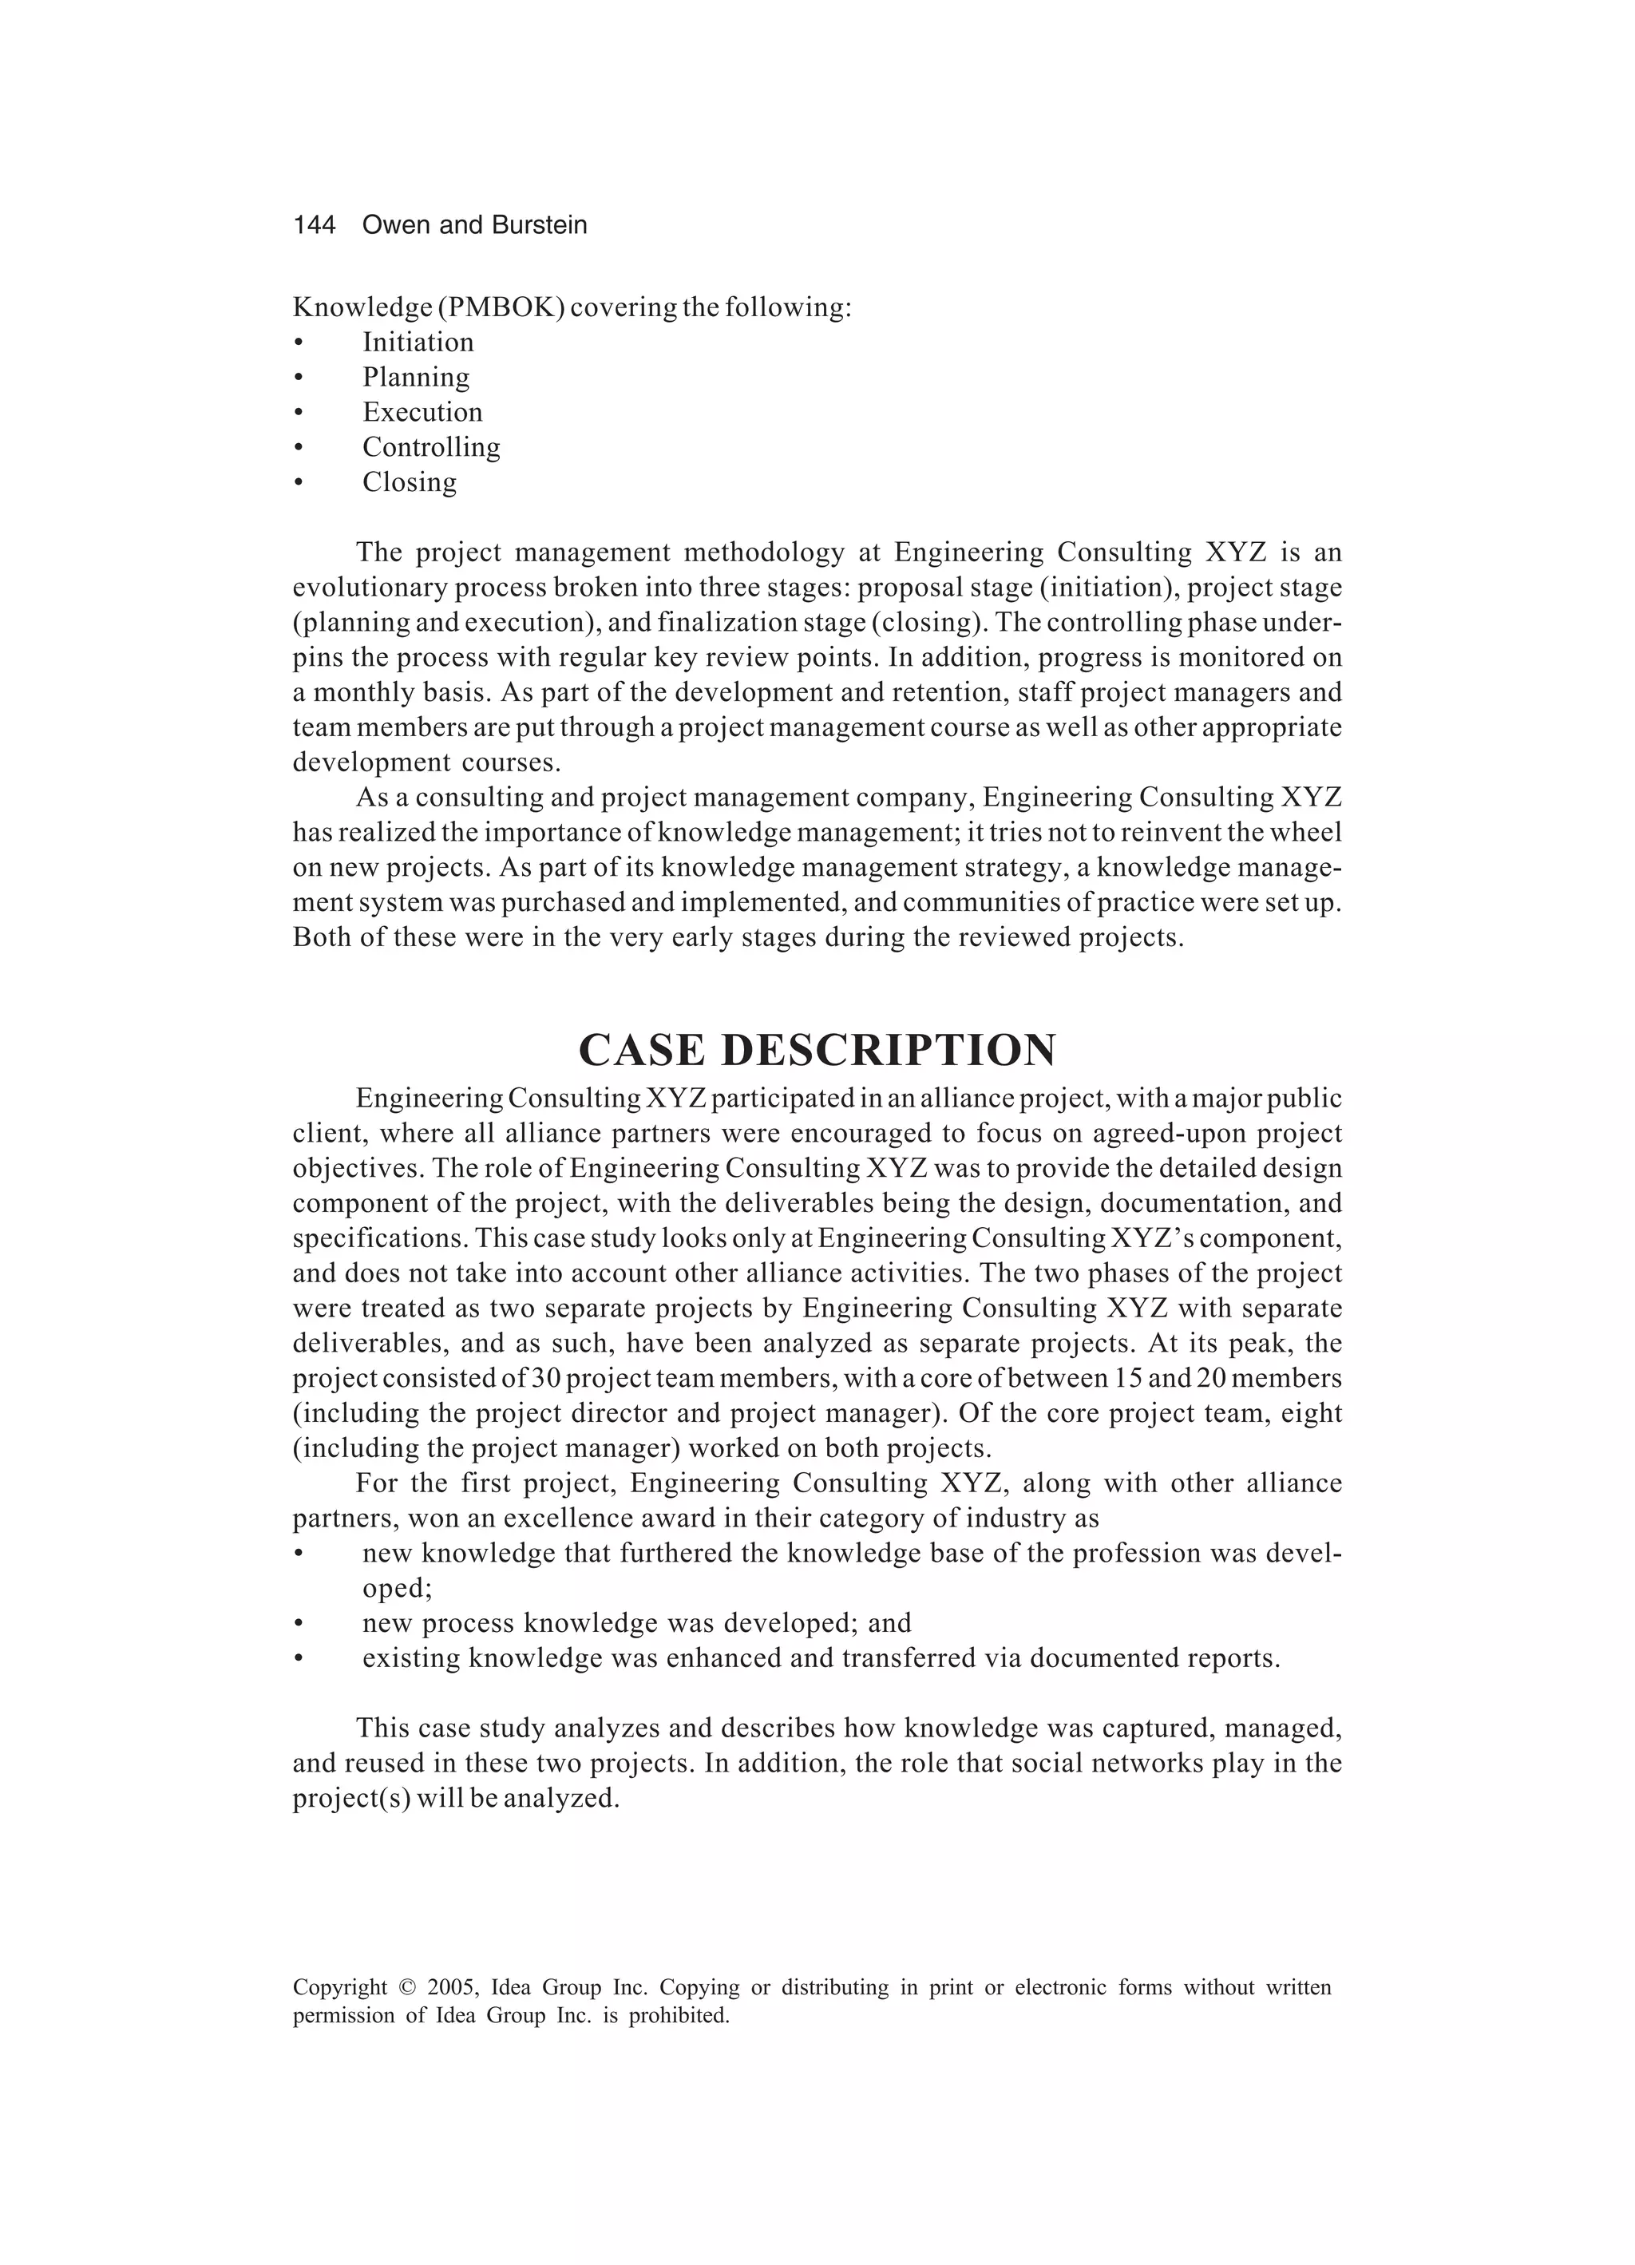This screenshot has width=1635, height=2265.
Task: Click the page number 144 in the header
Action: [314, 226]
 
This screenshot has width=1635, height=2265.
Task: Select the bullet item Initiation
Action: [418, 343]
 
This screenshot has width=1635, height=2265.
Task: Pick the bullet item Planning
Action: [415, 378]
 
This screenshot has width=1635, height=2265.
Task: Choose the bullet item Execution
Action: [422, 413]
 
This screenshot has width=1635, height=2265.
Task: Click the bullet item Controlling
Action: [430, 447]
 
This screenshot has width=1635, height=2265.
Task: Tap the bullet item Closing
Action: [409, 482]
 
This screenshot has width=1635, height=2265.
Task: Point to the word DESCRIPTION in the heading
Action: [887, 1051]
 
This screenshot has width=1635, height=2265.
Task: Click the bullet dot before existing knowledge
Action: [298, 1659]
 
